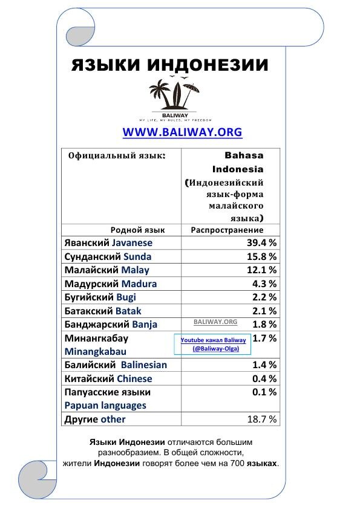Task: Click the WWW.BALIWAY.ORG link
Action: click(x=182, y=132)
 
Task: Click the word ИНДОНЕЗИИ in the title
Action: click(x=208, y=65)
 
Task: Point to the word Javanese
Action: click(x=132, y=242)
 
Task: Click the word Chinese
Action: click(x=134, y=379)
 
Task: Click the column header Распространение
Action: click(x=227, y=230)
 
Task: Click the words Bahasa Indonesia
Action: click(x=237, y=162)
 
